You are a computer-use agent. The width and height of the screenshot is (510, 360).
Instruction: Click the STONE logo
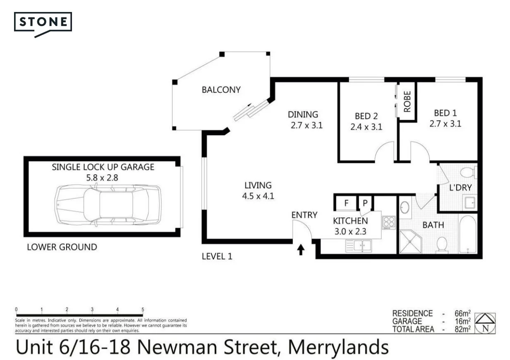[x=43, y=22]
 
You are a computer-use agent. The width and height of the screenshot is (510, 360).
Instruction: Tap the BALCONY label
[x=221, y=90]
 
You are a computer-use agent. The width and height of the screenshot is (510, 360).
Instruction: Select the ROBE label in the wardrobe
[x=407, y=102]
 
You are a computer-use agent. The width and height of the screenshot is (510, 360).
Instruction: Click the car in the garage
[x=108, y=205]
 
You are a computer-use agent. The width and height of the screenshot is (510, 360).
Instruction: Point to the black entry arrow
[x=301, y=250]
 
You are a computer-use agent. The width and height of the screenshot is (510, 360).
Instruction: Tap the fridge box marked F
[x=346, y=203]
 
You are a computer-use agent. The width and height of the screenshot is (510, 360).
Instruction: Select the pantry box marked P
[x=365, y=203]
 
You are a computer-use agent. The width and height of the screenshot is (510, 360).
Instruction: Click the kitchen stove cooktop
[x=389, y=222]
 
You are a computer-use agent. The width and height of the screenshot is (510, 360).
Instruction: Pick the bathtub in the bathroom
[x=468, y=234]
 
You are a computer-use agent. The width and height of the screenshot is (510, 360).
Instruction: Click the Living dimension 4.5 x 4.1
[x=258, y=196]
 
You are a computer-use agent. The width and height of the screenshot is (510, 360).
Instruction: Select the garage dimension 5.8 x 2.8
[x=103, y=178]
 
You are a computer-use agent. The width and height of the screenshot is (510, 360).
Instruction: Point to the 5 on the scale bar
[x=143, y=310]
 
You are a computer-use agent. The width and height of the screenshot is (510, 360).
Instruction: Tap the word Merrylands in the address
[x=338, y=347]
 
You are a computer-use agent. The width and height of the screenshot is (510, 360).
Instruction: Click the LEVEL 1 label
[x=217, y=257]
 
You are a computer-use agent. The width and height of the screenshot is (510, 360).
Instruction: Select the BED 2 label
[x=366, y=116]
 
